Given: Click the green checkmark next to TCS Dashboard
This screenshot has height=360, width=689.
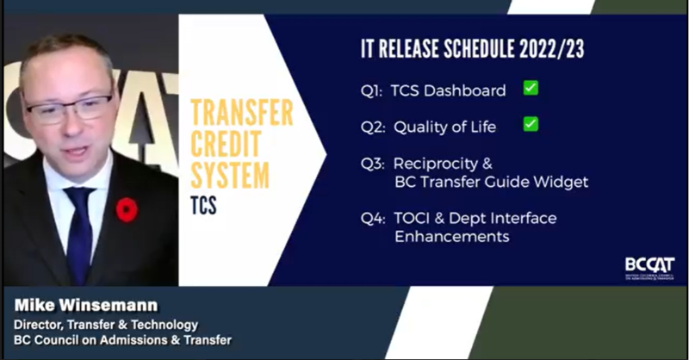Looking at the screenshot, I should [x=531, y=88].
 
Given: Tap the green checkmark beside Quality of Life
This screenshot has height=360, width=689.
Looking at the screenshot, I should [x=531, y=125].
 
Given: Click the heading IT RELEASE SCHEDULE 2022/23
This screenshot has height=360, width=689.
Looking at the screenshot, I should [x=471, y=49].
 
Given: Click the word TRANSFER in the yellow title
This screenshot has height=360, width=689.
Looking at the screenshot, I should [x=241, y=114].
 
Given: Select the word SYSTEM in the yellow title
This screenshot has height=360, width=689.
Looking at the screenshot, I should [x=229, y=177].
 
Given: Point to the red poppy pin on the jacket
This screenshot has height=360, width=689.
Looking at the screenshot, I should [x=127, y=209].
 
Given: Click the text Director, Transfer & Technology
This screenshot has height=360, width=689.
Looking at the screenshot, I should [x=105, y=324].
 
